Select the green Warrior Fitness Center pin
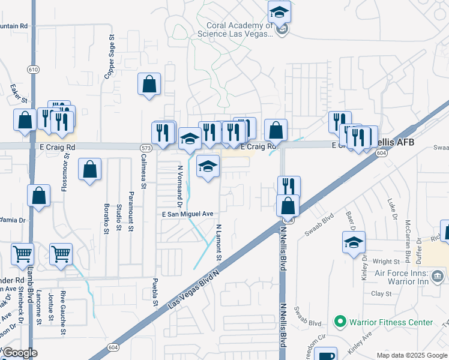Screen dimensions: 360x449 coord(340,322)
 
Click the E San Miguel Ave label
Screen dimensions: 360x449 coord(187,214)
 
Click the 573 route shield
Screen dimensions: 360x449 coord(145,148)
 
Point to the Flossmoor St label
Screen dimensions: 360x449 coord(65,172)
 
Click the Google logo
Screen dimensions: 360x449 coord(19,353)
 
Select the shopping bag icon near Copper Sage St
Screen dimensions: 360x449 coord(149,84)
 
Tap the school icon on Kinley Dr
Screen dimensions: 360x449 coord(354,242)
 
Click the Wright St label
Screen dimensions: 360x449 coord(386,262)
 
